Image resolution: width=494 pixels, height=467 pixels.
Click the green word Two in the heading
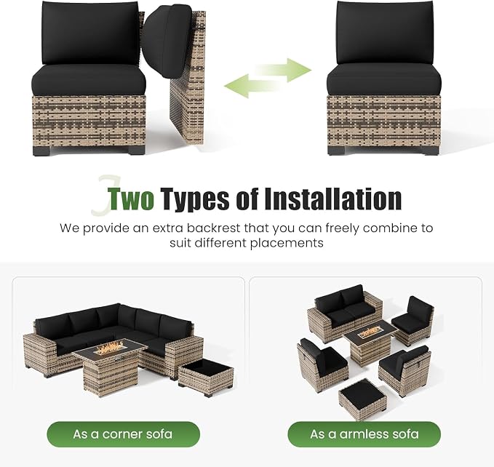(131, 199)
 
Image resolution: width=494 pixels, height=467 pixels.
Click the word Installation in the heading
(332, 199)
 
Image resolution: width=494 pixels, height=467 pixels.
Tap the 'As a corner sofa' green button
(123, 434)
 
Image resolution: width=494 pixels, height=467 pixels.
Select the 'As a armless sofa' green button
(364, 434)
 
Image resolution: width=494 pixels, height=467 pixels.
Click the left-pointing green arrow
(252, 86)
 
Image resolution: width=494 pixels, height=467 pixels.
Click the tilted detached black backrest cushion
(165, 41)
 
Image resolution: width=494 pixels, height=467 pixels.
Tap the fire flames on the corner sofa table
(111, 348)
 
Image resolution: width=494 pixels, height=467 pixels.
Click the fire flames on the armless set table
(369, 332)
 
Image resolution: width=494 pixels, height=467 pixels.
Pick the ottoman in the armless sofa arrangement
(362, 399)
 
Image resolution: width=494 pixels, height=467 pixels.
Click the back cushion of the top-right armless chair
(385, 33)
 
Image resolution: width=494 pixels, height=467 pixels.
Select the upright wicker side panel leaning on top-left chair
(188, 79)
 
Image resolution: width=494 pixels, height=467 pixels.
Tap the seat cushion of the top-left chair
(89, 80)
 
